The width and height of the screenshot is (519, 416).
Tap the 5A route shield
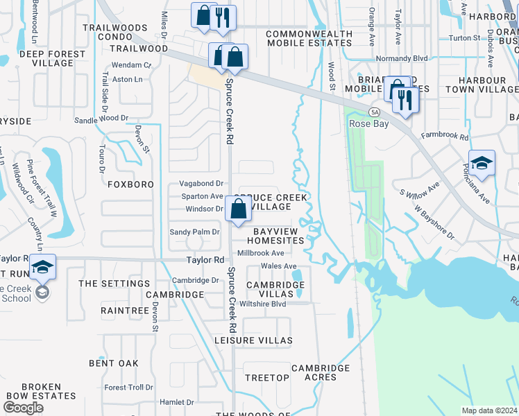coord(375,112)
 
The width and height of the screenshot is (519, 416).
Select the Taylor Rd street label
coord(205,260)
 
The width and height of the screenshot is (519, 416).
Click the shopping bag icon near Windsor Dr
coord(238,209)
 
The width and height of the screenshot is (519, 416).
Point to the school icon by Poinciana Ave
coord(482,164)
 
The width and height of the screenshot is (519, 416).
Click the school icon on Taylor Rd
coord(42,267)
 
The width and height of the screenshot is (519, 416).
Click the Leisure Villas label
coord(253,340)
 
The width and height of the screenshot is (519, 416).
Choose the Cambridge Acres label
coord(320,372)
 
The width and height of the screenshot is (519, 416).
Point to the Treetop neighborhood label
coord(267,377)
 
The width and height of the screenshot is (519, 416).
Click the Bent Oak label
coord(114,363)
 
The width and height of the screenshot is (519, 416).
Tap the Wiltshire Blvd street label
coord(262,304)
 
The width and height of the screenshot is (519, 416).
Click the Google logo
coord(23,408)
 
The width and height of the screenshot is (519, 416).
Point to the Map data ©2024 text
coord(489,410)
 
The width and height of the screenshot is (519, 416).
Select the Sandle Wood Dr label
coord(101,119)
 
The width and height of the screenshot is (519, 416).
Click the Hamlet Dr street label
coord(176,402)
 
